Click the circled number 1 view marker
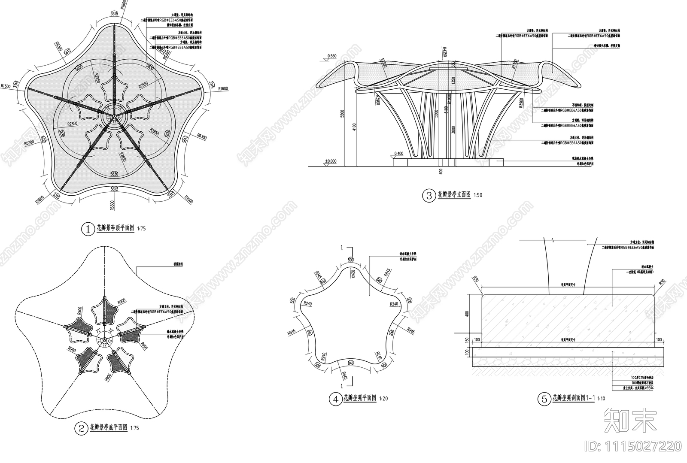[x=88, y=229]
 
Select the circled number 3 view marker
[x=429, y=196]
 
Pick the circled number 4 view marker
[x=335, y=399]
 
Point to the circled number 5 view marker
[x=544, y=399]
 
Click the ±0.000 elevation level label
[x=331, y=161]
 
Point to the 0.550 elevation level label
[x=332, y=56]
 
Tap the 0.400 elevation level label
[x=398, y=153]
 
